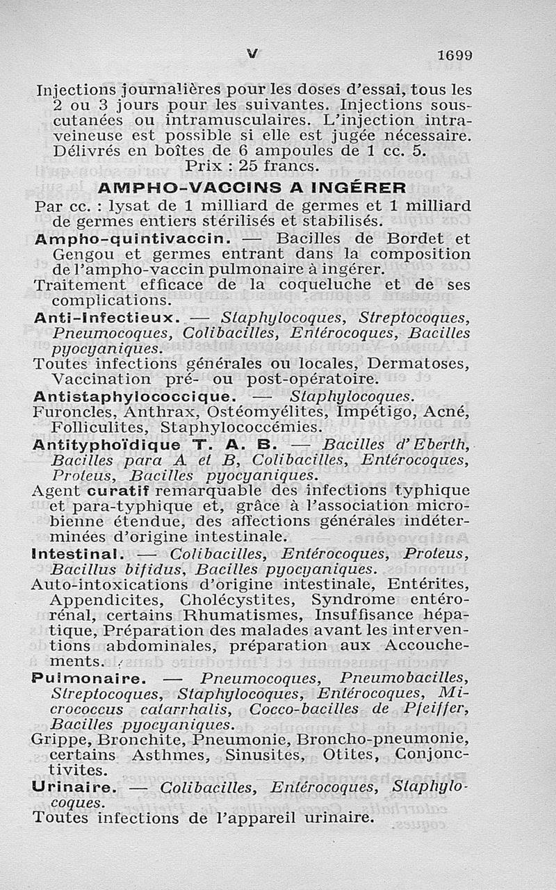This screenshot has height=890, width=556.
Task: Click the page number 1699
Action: coord(455,55)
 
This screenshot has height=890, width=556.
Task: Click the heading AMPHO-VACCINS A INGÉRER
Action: coord(252,188)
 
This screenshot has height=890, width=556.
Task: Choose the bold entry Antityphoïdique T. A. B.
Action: coord(156,444)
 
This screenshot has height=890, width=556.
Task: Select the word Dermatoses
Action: coord(420,364)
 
